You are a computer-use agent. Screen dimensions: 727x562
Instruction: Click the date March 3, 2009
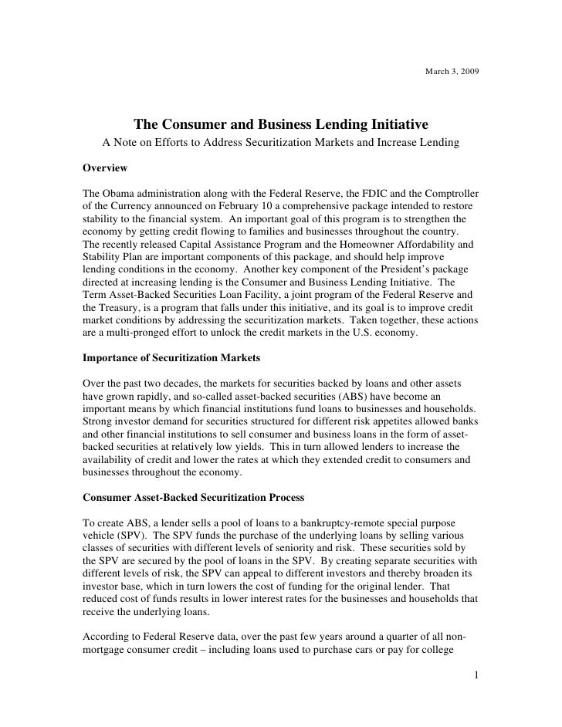[x=452, y=72]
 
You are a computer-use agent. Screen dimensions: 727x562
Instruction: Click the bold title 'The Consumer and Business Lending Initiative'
[x=281, y=125]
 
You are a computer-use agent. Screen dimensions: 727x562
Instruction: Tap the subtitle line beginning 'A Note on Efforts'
[x=281, y=144]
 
